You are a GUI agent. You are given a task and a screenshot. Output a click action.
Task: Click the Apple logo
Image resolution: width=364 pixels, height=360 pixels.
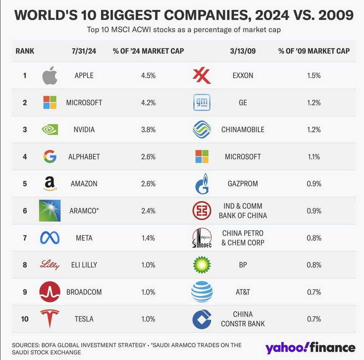(50, 76)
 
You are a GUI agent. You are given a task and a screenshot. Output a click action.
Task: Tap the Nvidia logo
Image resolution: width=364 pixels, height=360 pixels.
(50, 130)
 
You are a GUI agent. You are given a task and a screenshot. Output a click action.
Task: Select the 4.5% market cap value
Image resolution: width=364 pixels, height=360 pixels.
(148, 76)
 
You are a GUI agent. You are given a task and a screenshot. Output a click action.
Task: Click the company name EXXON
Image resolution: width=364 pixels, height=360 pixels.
(243, 76)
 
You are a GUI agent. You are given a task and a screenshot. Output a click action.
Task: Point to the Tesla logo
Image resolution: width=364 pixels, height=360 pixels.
(50, 319)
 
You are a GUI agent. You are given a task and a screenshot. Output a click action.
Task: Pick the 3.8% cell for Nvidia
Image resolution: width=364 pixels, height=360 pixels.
(148, 130)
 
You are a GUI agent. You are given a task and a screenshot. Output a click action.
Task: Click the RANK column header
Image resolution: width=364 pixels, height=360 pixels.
(25, 51)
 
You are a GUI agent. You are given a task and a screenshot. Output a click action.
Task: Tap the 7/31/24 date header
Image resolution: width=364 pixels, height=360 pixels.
(84, 51)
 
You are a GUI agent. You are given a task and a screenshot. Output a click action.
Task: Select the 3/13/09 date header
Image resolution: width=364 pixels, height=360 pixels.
(243, 51)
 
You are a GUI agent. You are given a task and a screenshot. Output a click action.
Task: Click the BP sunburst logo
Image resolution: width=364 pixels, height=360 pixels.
(201, 265)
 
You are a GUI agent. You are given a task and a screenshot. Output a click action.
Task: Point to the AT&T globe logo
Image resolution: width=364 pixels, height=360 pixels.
(201, 292)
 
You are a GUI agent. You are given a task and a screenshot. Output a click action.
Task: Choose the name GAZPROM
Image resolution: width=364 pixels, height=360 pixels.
(243, 184)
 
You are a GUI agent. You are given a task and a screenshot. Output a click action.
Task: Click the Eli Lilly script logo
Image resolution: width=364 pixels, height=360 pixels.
(50, 265)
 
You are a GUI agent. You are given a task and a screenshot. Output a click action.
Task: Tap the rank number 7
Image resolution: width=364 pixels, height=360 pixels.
(25, 238)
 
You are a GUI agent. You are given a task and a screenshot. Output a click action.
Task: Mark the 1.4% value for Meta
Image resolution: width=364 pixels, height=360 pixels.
(148, 238)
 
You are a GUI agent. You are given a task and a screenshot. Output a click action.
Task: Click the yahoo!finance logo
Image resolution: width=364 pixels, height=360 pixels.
(310, 347)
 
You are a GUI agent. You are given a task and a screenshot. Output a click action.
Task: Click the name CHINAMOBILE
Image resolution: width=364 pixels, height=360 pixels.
(243, 130)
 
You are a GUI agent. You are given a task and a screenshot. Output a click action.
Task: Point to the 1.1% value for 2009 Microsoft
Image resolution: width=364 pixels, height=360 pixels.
(314, 157)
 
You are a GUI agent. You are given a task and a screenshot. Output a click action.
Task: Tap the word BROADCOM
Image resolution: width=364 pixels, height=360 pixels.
(84, 292)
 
